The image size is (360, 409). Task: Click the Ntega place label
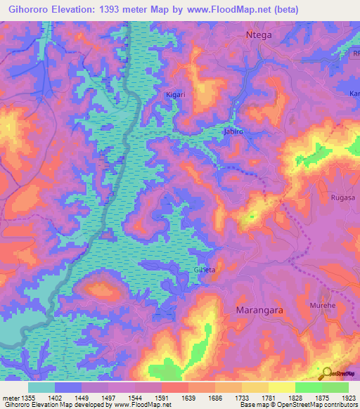pyautogui.click(x=258, y=34)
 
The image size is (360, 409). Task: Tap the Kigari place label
pyautogui.click(x=176, y=94)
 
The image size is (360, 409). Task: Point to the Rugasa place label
pyautogui.click(x=342, y=198)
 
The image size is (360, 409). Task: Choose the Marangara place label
pyautogui.click(x=252, y=309)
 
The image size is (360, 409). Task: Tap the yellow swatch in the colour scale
pyautogui.click(x=281, y=387)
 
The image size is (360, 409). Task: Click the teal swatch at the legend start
pyautogui.click(x=41, y=387)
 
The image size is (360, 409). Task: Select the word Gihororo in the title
pyautogui.click(x=27, y=10)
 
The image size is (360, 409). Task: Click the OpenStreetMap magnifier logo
pyautogui.click(x=326, y=374)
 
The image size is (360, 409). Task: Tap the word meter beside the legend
pyautogui.click(x=9, y=397)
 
